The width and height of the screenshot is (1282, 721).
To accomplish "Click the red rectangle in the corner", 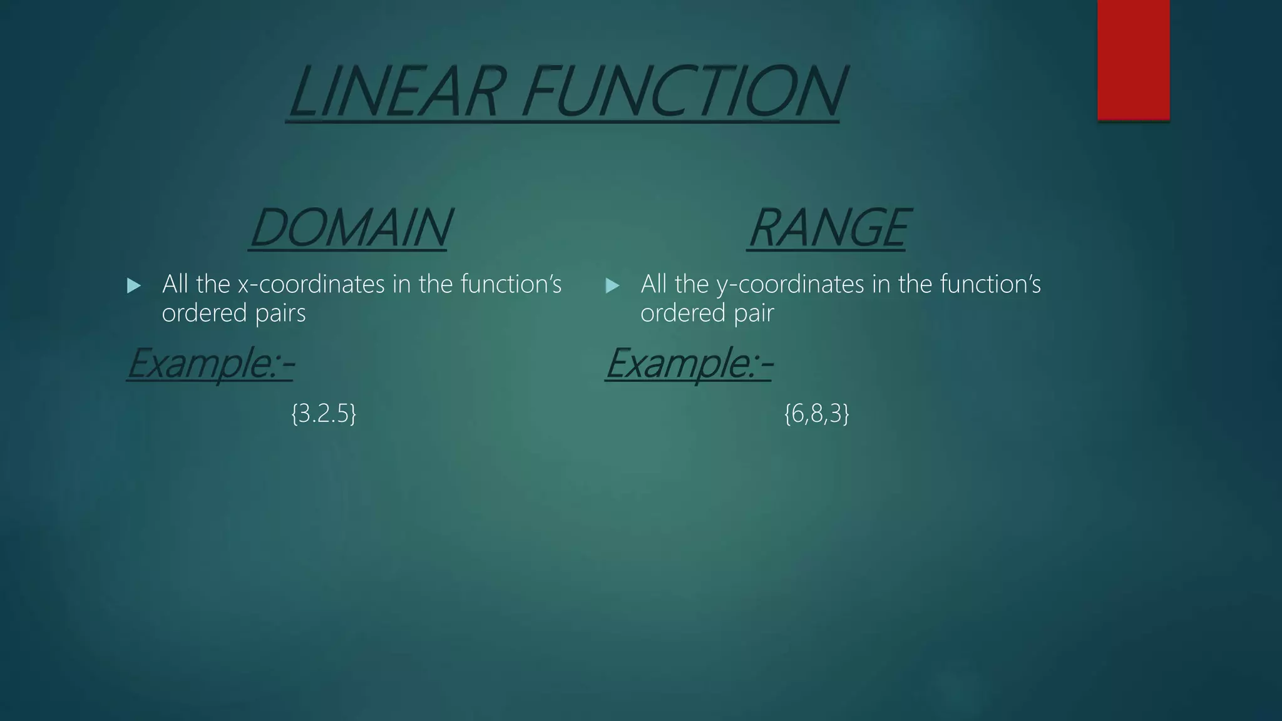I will tap(1133, 59).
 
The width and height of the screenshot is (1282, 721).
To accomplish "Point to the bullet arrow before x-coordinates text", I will tap(133, 286).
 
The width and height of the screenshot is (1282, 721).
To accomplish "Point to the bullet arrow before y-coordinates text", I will tap(612, 286).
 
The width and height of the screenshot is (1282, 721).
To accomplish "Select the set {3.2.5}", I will tap(324, 414).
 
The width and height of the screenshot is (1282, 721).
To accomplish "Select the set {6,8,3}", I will tap(816, 414).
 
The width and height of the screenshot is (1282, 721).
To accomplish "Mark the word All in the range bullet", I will tap(654, 285).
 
